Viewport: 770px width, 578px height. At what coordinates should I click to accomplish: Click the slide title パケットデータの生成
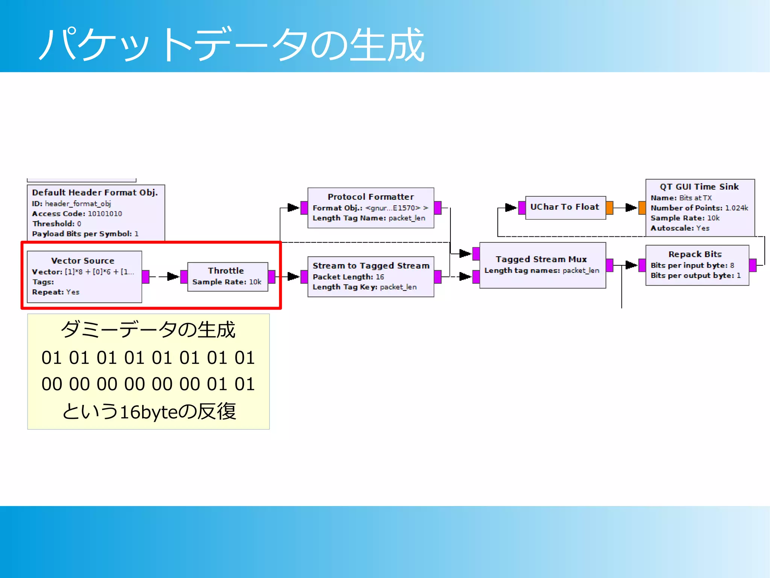point(231,45)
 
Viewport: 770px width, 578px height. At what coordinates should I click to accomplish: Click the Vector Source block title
point(83,261)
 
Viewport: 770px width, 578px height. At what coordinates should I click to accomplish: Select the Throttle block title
point(226,271)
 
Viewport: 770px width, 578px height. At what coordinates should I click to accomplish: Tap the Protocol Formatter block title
point(370,197)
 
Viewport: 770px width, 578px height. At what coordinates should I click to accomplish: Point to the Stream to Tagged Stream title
point(371,266)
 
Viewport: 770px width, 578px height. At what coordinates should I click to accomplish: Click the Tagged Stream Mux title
point(541,259)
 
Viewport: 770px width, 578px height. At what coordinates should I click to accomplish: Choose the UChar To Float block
point(564,207)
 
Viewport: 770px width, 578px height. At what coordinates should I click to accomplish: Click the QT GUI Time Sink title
point(699,187)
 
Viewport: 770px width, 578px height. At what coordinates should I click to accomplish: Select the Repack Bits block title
point(695,254)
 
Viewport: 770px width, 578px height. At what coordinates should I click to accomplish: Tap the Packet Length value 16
point(380,277)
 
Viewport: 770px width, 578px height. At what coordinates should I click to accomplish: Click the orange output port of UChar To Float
point(609,207)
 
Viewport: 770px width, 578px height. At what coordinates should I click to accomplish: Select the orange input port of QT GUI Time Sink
point(642,207)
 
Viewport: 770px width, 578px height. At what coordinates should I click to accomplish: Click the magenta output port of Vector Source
point(146,277)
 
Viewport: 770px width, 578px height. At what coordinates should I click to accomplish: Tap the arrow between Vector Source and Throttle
point(172,277)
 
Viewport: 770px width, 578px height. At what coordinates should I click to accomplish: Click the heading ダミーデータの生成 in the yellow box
point(148,330)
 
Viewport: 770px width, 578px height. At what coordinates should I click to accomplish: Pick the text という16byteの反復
point(149,411)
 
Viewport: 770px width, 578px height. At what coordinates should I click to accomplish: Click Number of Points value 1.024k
point(736,208)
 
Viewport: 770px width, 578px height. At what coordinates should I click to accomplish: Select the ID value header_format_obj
point(78,204)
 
